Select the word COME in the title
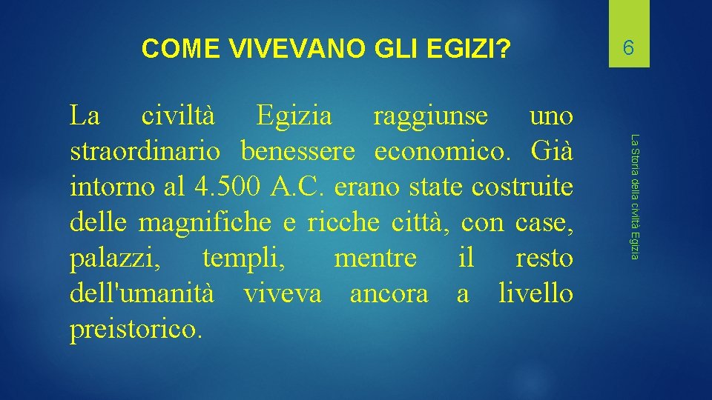tap(181, 50)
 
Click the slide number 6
tap(628, 49)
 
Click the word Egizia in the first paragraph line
tap(294, 116)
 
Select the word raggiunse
tap(431, 116)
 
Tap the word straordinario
tap(145, 152)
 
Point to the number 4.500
tap(223, 187)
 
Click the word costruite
tap(524, 187)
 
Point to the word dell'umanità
tap(142, 294)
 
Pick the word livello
tap(535, 294)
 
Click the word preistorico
tap(135, 330)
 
